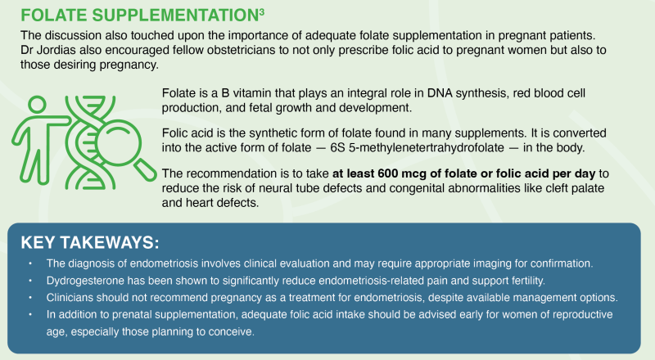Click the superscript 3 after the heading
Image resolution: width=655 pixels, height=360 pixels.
[x=261, y=11]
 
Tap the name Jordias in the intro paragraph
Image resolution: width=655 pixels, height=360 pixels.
[x=56, y=50]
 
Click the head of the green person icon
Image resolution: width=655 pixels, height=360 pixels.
[x=37, y=104]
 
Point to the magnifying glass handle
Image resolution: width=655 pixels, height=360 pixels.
[x=145, y=169]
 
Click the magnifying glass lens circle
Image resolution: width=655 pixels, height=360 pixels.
[x=118, y=143]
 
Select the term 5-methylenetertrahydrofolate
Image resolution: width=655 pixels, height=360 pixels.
[x=426, y=148]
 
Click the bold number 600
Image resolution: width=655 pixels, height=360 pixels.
[x=387, y=173]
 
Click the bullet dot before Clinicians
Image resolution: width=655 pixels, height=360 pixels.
[x=30, y=297]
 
